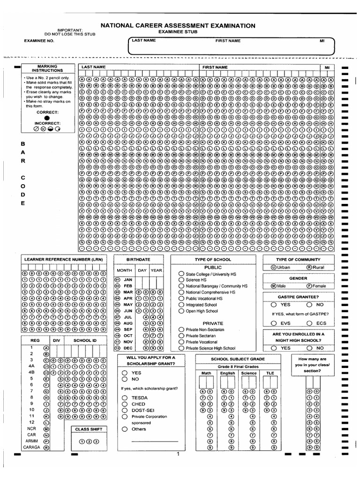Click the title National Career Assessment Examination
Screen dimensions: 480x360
point(179,26)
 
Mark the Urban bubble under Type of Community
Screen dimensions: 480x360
point(273,267)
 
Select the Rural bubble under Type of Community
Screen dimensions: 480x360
point(309,267)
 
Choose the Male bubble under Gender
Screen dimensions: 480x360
point(274,285)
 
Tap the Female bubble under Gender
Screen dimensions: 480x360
point(309,285)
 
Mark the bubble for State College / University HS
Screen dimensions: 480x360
point(181,274)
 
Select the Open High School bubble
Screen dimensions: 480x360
point(181,311)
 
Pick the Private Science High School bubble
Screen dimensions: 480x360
point(181,348)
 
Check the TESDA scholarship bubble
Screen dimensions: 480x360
point(125,397)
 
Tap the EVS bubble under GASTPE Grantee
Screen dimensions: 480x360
point(273,323)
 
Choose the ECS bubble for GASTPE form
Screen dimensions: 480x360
point(309,323)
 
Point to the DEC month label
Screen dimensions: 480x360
point(128,348)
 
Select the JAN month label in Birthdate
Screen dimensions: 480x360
point(128,279)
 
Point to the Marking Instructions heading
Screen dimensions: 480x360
point(47,68)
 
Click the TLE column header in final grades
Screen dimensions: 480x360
point(270,373)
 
